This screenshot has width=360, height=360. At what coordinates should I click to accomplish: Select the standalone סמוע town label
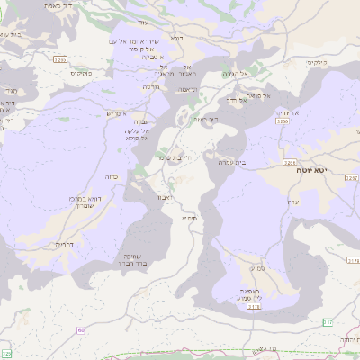[x=258, y=268]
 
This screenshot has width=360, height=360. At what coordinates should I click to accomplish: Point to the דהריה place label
[x=64, y=244]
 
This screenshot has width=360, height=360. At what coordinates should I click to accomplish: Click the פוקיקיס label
[x=313, y=62]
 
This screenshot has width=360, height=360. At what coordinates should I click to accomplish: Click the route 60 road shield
[x=83, y=332]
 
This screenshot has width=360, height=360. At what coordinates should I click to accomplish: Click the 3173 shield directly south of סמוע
[x=254, y=307]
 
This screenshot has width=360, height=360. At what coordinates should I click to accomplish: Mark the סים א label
[x=190, y=218]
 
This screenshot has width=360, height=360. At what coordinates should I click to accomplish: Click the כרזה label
[x=112, y=177]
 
